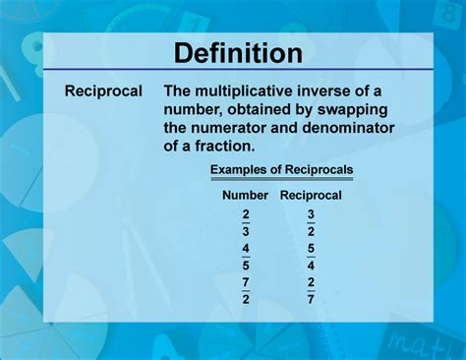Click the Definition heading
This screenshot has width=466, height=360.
(232, 51)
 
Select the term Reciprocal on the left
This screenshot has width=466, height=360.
(103, 91)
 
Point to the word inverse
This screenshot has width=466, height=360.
(336, 91)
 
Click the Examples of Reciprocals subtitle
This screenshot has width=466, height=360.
(281, 170)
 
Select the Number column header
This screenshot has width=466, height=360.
(245, 195)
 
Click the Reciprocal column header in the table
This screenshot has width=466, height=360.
(311, 195)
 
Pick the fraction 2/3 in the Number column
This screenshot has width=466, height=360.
(245, 221)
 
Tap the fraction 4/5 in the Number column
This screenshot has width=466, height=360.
(245, 257)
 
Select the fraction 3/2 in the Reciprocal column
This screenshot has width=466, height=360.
(311, 221)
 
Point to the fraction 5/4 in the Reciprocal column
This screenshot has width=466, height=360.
(311, 257)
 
